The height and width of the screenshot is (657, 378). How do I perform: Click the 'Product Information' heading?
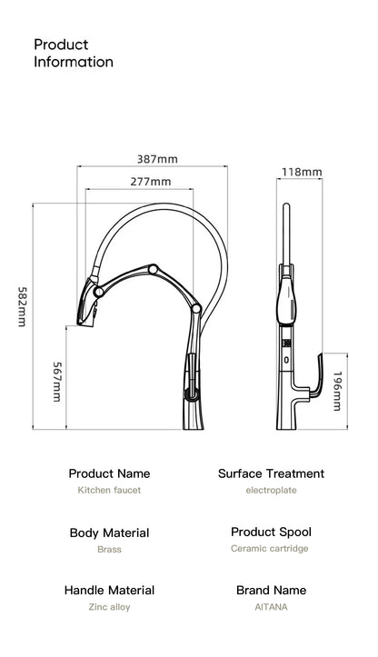74,54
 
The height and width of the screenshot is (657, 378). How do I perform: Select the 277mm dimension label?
150,182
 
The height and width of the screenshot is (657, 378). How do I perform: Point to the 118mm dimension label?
302,172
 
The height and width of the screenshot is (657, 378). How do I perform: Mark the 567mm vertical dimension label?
56,383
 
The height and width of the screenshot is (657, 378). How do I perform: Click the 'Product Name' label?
109,473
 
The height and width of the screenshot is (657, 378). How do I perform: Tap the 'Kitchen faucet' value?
109,490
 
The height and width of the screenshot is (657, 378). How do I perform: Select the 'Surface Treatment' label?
271,473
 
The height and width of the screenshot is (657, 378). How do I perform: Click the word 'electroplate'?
271,490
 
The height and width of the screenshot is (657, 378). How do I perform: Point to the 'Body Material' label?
109,533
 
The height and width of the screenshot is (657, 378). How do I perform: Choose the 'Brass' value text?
109,549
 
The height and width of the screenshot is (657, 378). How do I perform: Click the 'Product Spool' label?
271,532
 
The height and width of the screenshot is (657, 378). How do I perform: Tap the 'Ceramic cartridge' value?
271,548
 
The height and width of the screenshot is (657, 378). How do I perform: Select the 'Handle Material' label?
109,590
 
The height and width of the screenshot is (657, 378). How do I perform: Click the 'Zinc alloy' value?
109,606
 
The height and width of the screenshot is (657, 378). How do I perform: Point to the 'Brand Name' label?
271,590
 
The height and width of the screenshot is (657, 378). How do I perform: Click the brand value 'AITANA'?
271,606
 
